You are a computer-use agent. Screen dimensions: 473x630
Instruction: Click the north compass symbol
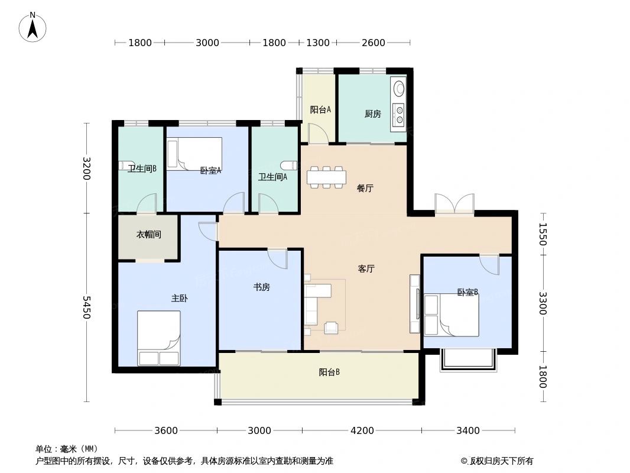point(33,27)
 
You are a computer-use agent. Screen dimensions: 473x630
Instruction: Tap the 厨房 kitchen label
point(372,114)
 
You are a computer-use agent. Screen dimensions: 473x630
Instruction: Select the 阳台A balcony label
point(320,109)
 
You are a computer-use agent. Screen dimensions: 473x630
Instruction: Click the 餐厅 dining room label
point(365,189)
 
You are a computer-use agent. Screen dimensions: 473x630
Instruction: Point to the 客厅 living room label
point(366,268)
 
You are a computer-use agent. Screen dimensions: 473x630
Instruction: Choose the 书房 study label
point(261,287)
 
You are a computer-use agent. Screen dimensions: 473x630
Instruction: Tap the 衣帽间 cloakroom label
point(149,235)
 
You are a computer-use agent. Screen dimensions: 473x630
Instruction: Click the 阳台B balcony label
point(329,372)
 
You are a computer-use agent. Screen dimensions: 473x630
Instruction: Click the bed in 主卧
point(159,338)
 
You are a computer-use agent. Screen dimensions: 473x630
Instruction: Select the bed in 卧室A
point(194,154)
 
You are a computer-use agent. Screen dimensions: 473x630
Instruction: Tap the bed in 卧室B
point(452,315)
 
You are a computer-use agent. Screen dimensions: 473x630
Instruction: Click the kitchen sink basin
point(400,89)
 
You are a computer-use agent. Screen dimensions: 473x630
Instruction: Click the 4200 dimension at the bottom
point(362,430)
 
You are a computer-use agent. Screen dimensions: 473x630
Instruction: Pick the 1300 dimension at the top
point(318,43)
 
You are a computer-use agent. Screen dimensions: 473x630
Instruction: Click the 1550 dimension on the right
point(543,234)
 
